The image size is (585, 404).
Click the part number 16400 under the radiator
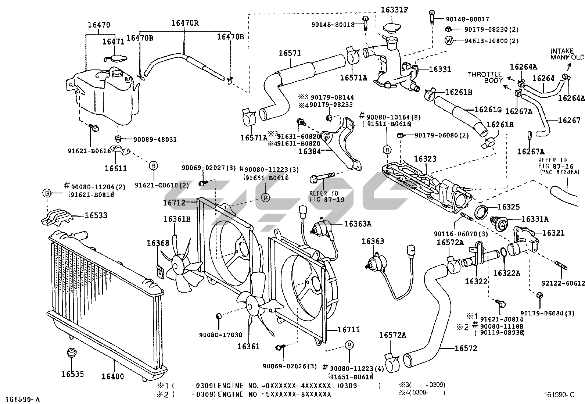pos(113,376)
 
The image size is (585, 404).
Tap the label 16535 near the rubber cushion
pos(72,374)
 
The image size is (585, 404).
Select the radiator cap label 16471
pos(114,42)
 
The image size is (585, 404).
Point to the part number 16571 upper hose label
pos(290,53)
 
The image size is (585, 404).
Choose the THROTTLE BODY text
pos(485,77)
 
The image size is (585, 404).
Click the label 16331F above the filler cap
pos(394,10)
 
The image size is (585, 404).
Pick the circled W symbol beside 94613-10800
pos(449,41)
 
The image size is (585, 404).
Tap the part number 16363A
pos(358,224)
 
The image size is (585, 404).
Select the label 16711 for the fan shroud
pos(349,330)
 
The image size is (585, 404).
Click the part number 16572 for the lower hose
pos(466,348)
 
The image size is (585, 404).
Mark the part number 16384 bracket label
pos(310,151)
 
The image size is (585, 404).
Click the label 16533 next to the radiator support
pos(96,215)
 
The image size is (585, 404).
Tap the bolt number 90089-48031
pos(155,140)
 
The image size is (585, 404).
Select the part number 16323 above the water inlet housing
pos(425,159)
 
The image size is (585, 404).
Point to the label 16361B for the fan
pos(177,219)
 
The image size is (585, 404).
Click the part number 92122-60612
pos(563,283)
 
